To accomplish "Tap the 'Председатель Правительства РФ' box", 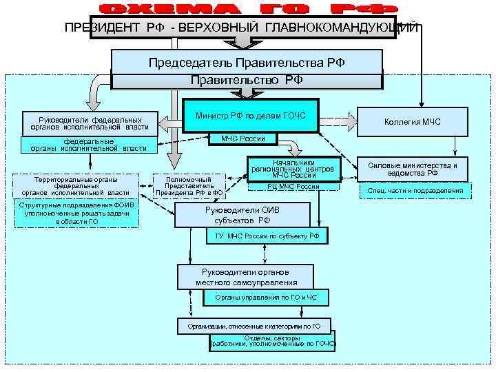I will click(247, 62).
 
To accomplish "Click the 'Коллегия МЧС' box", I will click(413, 122).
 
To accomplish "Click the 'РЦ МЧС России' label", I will click(293, 187).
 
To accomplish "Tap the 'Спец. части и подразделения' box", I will click(415, 191).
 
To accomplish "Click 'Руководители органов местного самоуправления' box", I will click(246, 277).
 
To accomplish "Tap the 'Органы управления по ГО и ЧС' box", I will click(266, 298).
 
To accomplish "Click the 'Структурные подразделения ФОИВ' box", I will click(77, 213).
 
